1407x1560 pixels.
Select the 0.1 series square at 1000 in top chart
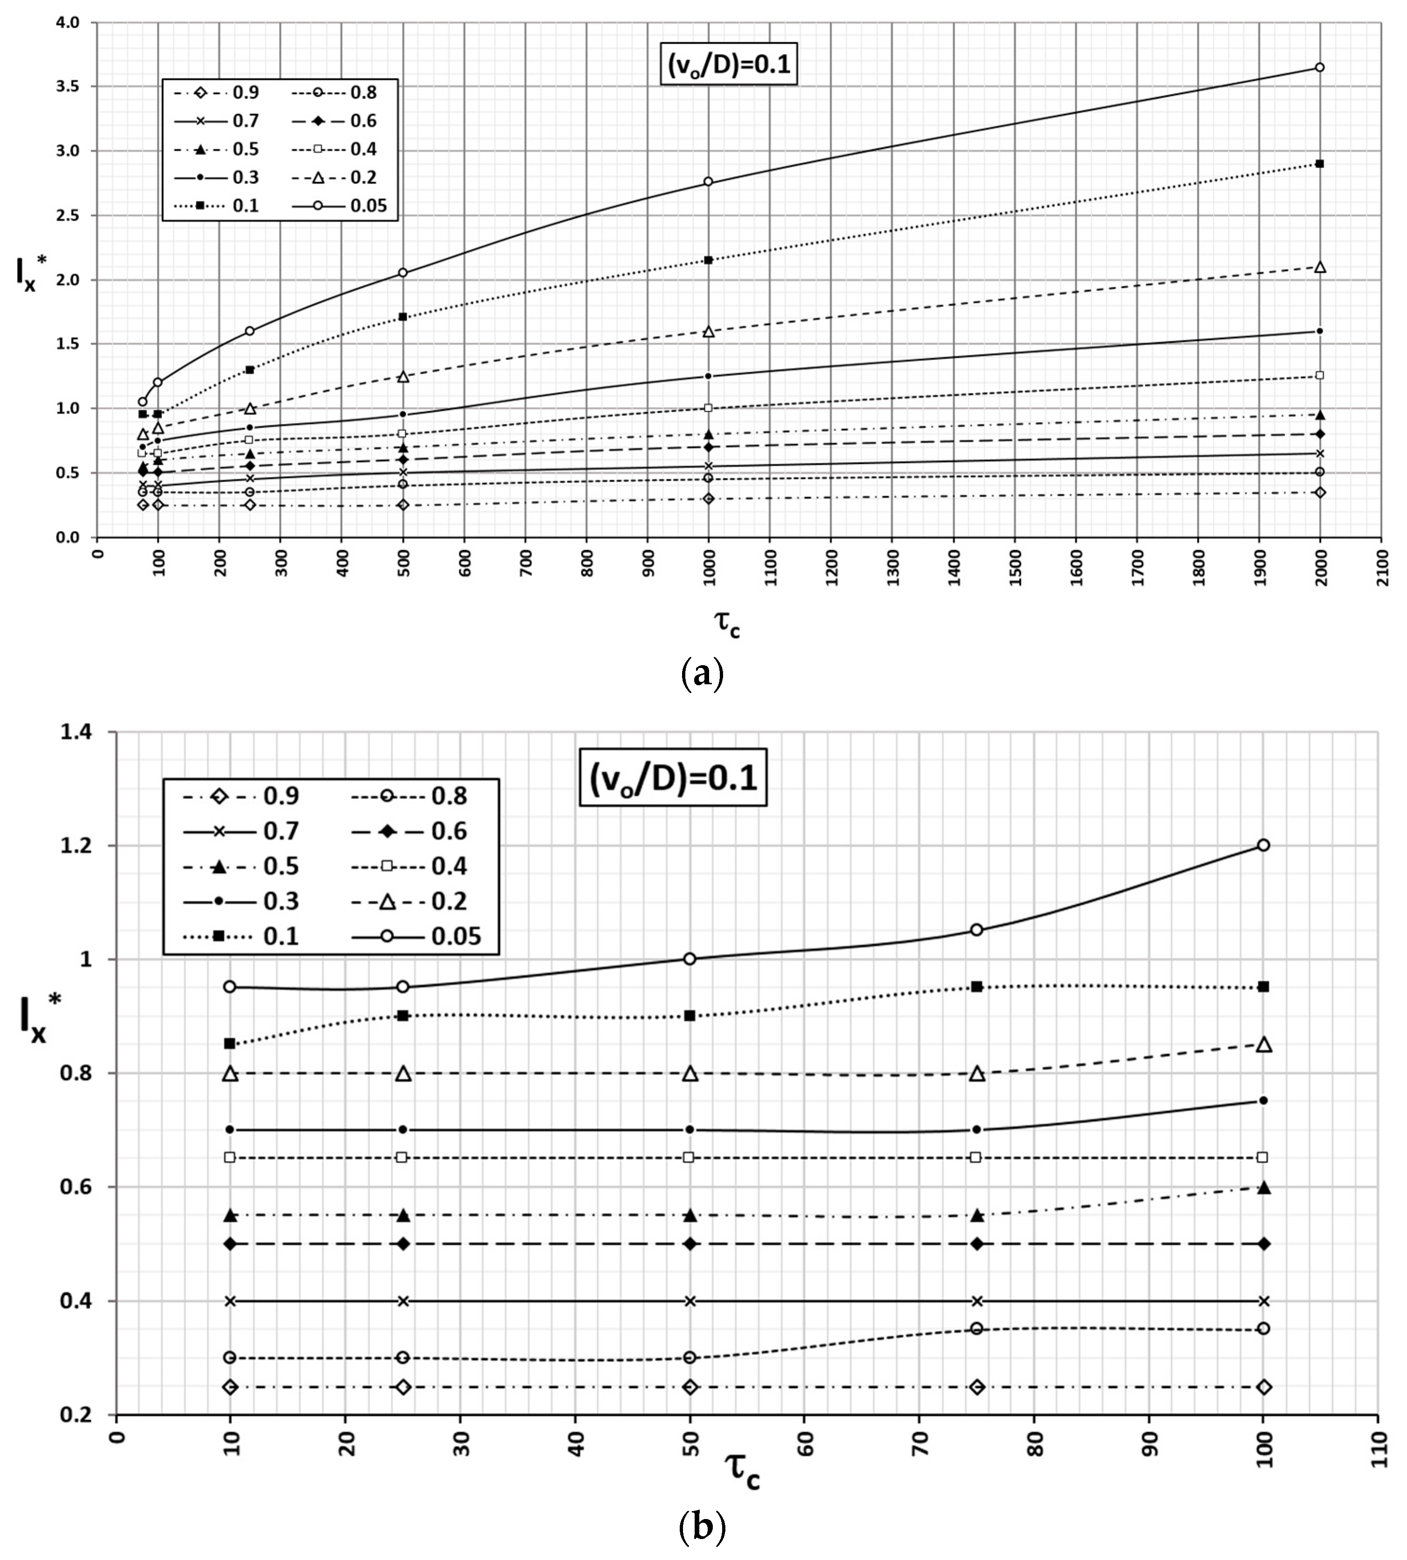[708, 260]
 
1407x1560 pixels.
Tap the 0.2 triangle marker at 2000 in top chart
[1319, 267]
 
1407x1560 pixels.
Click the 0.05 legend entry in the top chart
[340, 205]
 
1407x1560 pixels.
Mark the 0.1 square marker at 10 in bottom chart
[230, 1043]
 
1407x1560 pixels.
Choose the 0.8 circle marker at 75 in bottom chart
[977, 1329]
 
